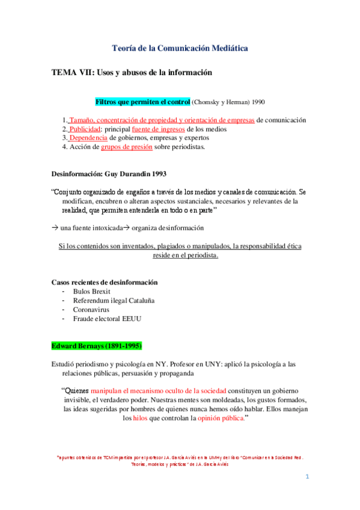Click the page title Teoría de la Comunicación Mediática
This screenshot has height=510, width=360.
point(180,48)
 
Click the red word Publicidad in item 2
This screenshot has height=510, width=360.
point(84,129)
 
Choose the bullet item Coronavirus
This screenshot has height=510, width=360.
point(93,309)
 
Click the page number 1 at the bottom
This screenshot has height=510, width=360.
point(307,477)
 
